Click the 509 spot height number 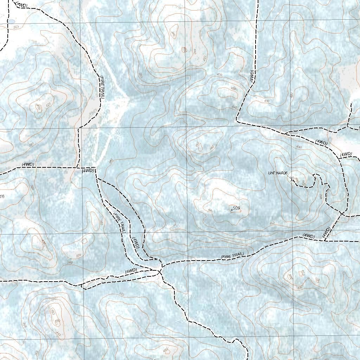coord(237,208)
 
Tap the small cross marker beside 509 coord(231,210)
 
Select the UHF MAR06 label coord(278,173)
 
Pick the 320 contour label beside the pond coord(16,27)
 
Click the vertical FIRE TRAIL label coord(102,87)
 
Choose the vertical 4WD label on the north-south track coord(252,76)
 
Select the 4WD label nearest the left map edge coord(28,164)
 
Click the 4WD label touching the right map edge coord(346,154)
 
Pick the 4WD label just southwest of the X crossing coord(131,271)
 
